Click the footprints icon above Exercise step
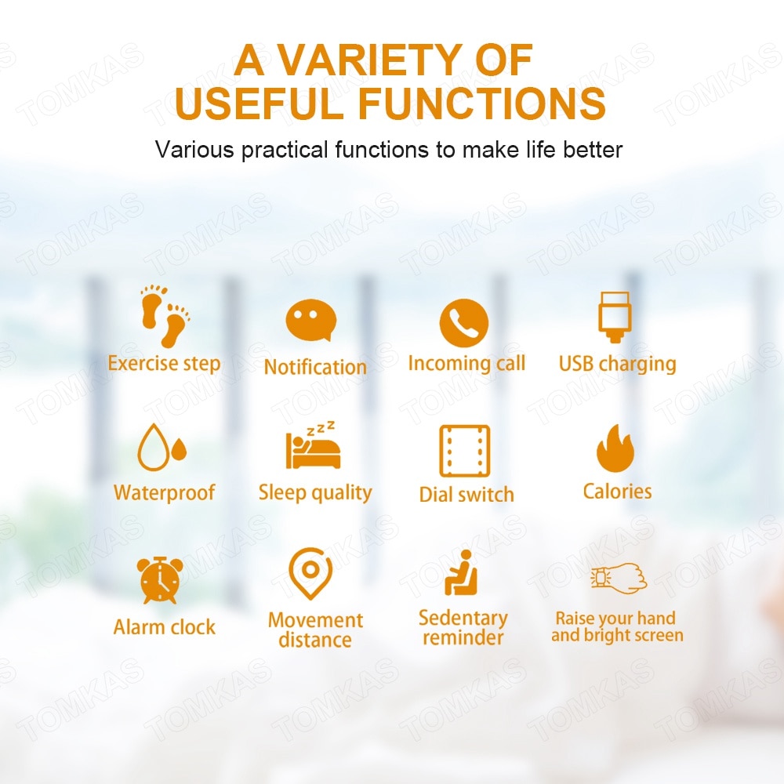coord(165,316)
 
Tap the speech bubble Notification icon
coord(311,321)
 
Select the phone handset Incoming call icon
coord(464,323)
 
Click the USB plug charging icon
coord(615,318)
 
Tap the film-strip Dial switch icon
coord(464,451)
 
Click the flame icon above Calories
coord(615,448)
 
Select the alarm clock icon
coord(160,580)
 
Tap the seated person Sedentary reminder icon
coord(462,573)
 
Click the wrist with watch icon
coord(619,578)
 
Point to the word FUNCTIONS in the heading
coord(482,103)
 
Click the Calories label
coord(618,492)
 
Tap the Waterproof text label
coord(165,493)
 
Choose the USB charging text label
coord(618,365)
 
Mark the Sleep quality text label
coord(315,493)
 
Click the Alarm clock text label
coord(165,627)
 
